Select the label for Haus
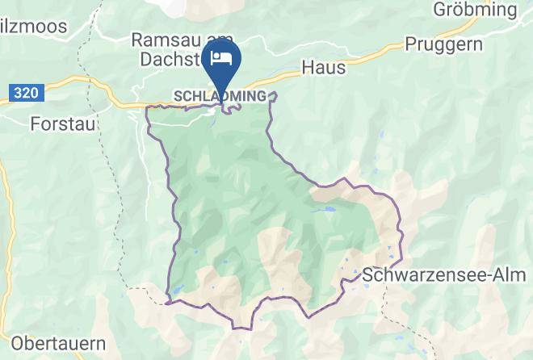point(323,68)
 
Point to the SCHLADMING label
point(220,96)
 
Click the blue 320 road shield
point(25,94)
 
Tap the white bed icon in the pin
point(220,57)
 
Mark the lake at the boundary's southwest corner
point(176,291)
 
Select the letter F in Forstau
point(35,124)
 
